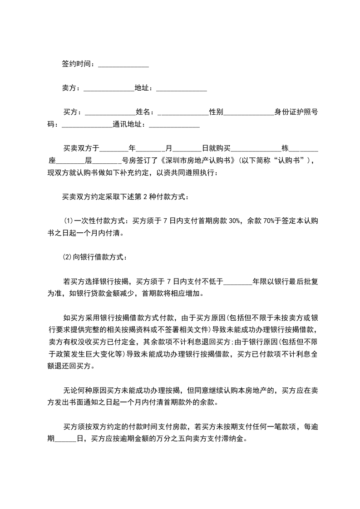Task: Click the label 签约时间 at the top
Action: (x=78, y=64)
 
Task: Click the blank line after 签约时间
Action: (x=123, y=64)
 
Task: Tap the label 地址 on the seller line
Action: (x=143, y=88)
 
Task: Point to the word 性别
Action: (x=216, y=112)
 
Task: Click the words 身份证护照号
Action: (x=296, y=112)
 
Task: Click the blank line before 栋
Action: (x=256, y=148)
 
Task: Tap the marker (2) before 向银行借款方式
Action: (x=68, y=257)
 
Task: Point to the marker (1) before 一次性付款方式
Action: (x=69, y=221)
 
